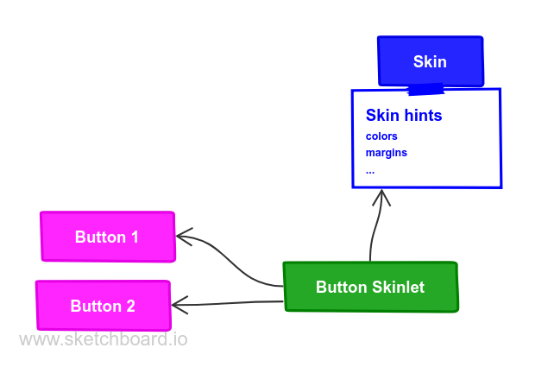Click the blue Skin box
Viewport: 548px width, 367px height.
[430, 62]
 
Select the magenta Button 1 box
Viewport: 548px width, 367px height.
[108, 237]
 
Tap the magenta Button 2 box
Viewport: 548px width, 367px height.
[103, 306]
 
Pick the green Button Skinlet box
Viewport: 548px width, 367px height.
[370, 287]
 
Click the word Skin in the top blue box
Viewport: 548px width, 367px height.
[430, 62]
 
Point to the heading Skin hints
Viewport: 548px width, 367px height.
[403, 115]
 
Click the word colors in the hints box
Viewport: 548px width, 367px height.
[381, 136]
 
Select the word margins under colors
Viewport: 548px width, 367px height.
[386, 153]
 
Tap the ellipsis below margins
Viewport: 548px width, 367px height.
[370, 171]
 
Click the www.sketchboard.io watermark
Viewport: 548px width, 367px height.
[103, 339]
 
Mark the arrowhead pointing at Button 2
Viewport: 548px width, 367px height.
[177, 304]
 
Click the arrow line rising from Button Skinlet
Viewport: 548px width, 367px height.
[374, 233]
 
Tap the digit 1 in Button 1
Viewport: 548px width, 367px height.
[135, 237]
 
